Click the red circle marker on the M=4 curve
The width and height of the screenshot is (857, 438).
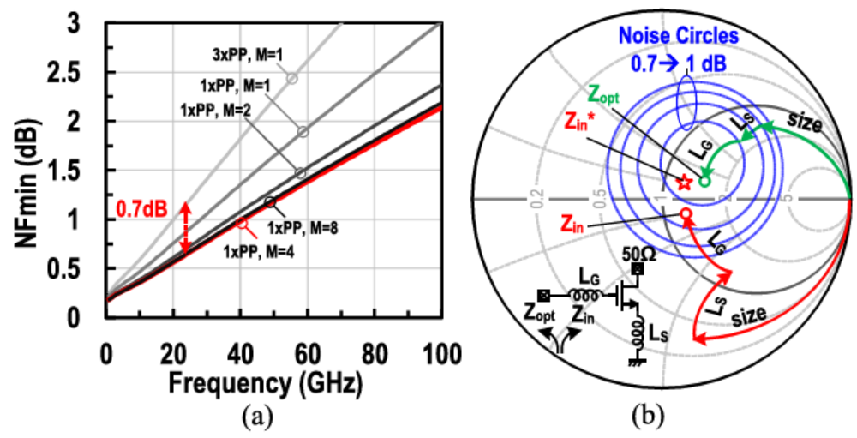pyautogui.click(x=242, y=223)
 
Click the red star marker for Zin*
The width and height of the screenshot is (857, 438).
pyautogui.click(x=684, y=181)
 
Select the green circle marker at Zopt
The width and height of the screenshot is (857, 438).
pyautogui.click(x=704, y=181)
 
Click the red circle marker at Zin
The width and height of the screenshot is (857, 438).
pyautogui.click(x=686, y=213)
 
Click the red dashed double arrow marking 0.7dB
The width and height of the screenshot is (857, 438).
pyautogui.click(x=185, y=228)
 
